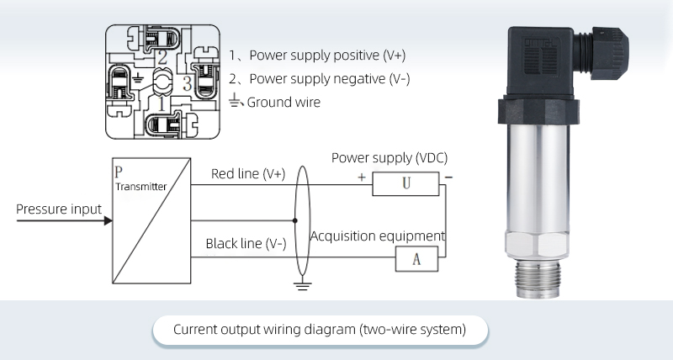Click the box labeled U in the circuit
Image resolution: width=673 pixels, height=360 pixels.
pyautogui.click(x=405, y=183)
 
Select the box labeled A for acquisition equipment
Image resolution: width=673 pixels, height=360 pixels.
pyautogui.click(x=416, y=258)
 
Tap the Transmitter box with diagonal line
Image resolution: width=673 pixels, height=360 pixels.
pyautogui.click(x=151, y=220)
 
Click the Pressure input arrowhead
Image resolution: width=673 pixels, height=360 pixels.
pyautogui.click(x=107, y=220)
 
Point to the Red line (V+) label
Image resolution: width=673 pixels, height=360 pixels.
pyautogui.click(x=248, y=174)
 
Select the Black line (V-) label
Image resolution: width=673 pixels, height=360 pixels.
pyautogui.click(x=246, y=244)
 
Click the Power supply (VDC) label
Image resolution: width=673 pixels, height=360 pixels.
pyautogui.click(x=389, y=157)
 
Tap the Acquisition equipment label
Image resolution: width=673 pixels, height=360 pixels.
pyautogui.click(x=378, y=236)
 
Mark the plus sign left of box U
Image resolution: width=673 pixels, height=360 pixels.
pyautogui.click(x=362, y=178)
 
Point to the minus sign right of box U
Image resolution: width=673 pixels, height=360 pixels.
pyautogui.click(x=448, y=177)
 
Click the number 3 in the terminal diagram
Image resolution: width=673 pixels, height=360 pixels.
pyautogui.click(x=187, y=82)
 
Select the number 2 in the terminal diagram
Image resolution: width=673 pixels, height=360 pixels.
pyautogui.click(x=162, y=57)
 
